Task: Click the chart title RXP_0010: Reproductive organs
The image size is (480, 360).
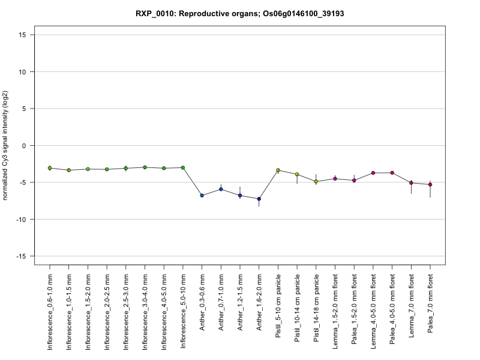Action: point(239,13)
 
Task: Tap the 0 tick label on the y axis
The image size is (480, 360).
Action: point(25,146)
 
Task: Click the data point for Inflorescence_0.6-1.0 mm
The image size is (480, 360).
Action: point(50,168)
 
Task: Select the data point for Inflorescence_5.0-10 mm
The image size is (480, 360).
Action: point(183,167)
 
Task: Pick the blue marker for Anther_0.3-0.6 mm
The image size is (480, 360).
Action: point(202,196)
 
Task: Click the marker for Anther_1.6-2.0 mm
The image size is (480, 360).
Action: point(259,199)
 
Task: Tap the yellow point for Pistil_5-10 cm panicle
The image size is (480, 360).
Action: point(278,170)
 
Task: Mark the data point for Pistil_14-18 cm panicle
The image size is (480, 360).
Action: point(316,181)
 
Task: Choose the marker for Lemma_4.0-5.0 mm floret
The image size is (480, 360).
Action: point(373,173)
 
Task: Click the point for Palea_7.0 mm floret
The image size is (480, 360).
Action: point(430,185)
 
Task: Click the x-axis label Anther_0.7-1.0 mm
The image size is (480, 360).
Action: point(221,308)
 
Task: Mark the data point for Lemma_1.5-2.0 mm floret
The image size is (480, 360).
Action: point(335,178)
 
